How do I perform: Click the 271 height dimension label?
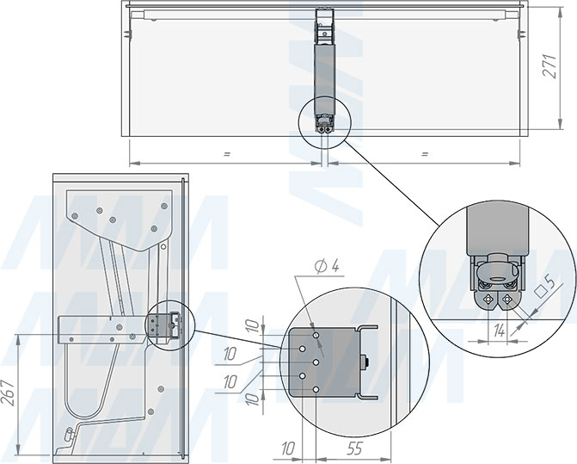pos(549,66)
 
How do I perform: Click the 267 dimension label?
pos(10,393)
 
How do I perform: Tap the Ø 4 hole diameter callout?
pos(328,265)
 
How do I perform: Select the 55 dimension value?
pos(353,449)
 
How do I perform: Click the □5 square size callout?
pos(546,287)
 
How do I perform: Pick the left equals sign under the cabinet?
pos(226,154)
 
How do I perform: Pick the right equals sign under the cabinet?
pos(424,154)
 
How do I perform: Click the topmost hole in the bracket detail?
pos(316,336)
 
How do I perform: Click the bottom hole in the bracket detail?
pos(316,390)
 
